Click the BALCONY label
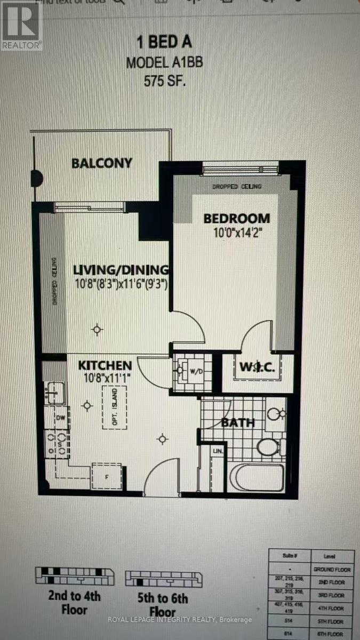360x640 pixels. pyautogui.click(x=102, y=163)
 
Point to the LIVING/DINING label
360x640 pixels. pyautogui.click(x=122, y=270)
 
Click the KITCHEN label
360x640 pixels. pyautogui.click(x=105, y=365)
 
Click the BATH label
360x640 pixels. pyautogui.click(x=238, y=423)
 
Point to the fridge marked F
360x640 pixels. pyautogui.click(x=106, y=476)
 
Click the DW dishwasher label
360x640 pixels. pyautogui.click(x=60, y=418)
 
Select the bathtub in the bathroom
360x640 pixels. pyautogui.click(x=259, y=479)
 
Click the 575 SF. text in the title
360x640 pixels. pyautogui.click(x=164, y=82)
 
